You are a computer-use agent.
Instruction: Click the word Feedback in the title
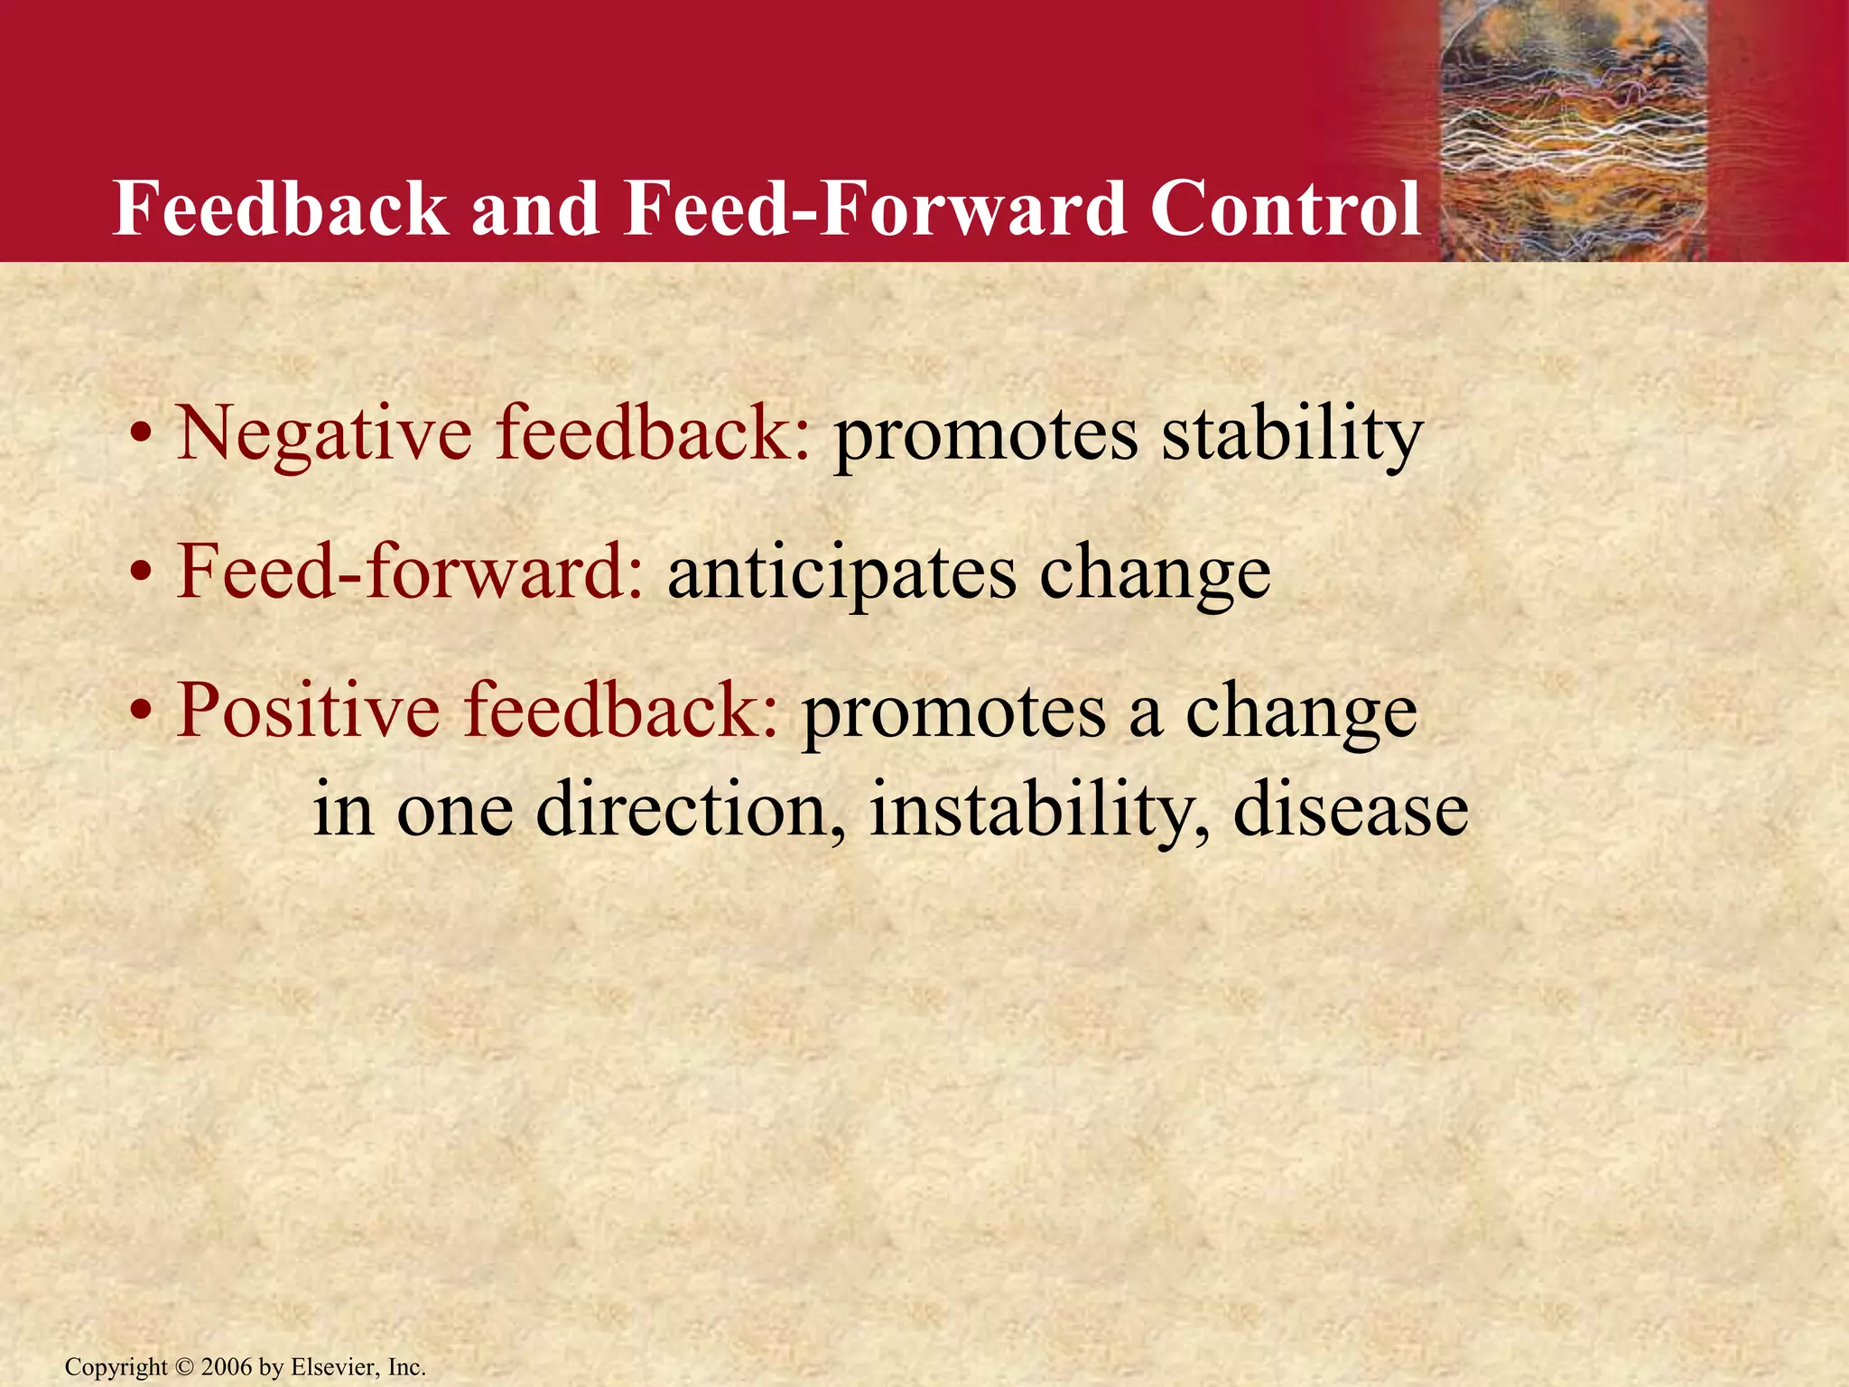tap(280, 209)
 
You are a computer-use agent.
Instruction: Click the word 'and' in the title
tap(535, 209)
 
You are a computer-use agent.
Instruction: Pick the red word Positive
tap(307, 711)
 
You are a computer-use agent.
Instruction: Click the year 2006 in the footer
tap(227, 1367)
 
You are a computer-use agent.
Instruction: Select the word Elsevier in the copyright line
tap(334, 1367)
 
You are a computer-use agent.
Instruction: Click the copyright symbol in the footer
tap(184, 1367)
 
